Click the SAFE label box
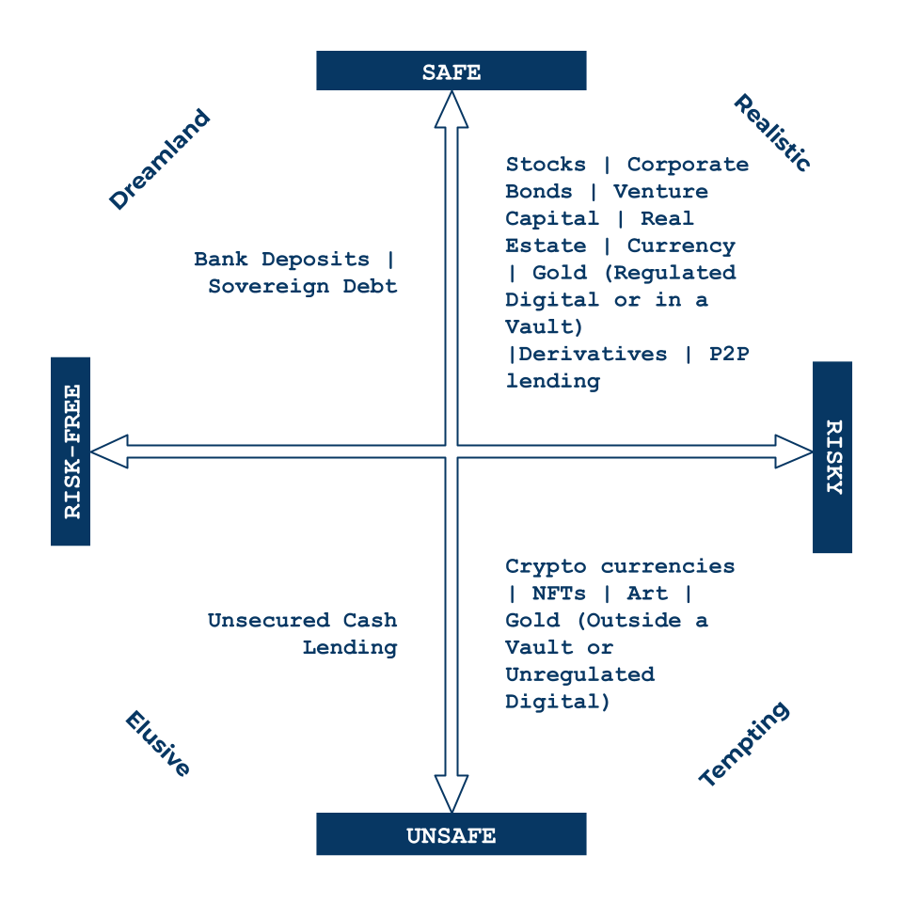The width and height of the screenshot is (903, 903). point(451,71)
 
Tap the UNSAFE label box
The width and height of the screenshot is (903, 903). point(451,834)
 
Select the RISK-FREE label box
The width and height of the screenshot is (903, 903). point(71,451)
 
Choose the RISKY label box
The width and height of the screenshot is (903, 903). point(832,457)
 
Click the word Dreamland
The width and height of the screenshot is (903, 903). point(160,160)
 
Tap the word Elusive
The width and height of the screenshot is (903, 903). point(158,744)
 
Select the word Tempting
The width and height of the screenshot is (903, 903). point(744,744)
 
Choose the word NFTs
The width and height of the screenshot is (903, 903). point(559,594)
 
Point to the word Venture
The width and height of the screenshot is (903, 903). point(660,192)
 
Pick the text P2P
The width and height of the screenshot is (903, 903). point(728,355)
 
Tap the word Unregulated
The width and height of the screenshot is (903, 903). point(579,674)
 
